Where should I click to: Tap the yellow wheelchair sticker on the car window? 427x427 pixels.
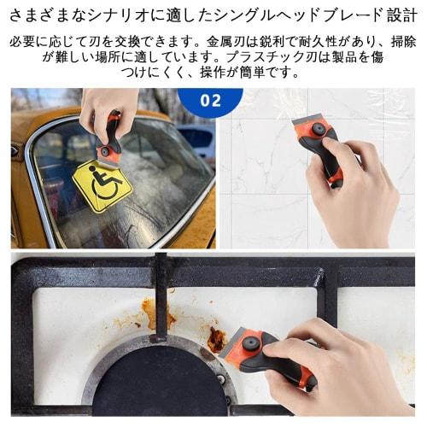(x=101, y=185)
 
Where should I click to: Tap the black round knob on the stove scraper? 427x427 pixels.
(x=250, y=343)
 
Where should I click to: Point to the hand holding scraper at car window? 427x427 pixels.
(x=107, y=107)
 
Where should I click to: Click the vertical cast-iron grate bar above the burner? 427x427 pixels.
(x=160, y=299)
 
